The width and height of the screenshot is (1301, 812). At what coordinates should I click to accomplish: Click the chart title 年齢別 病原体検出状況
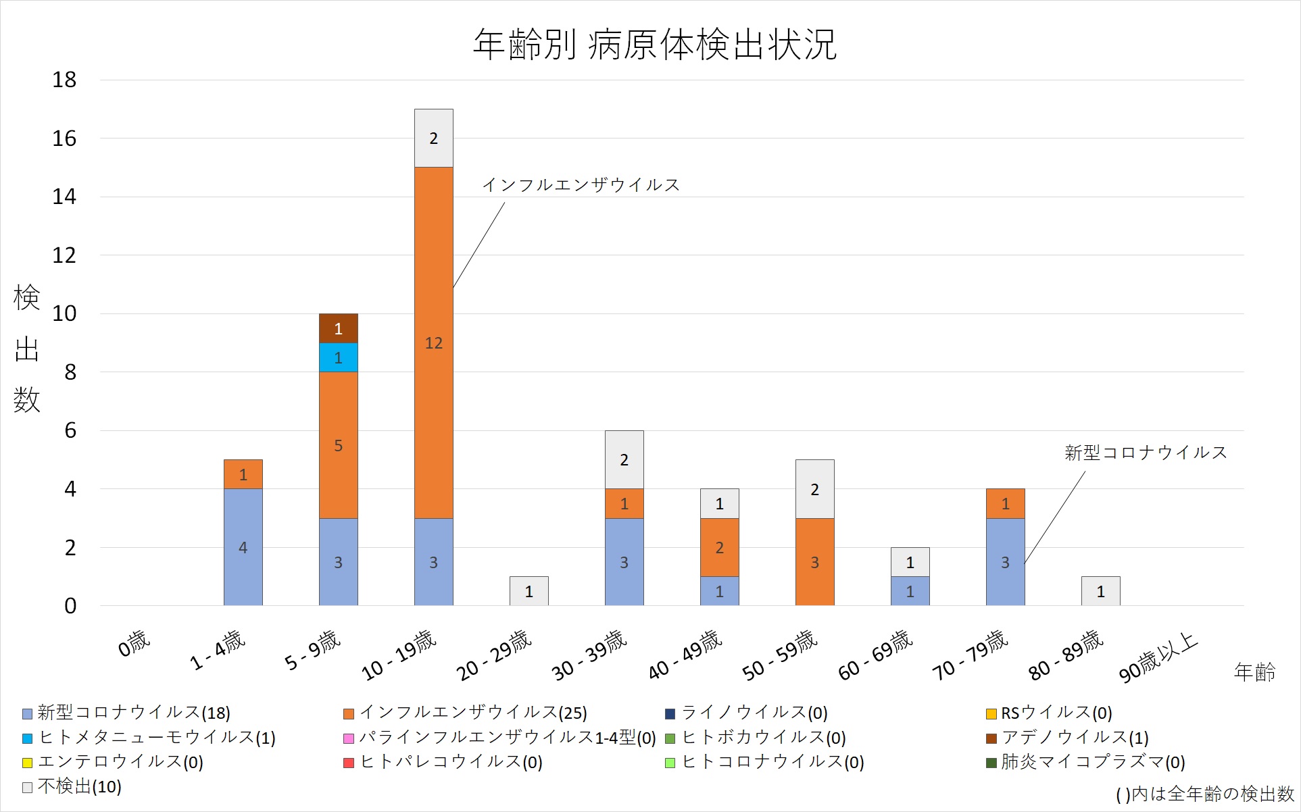654,45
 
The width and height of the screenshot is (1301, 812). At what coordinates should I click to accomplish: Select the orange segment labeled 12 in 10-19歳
433,342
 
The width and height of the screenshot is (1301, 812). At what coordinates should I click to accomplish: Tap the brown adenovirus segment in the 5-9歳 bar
338,328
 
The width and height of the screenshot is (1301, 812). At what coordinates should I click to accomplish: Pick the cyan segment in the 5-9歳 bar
338,357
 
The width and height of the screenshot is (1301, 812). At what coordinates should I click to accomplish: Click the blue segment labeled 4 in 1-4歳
243,547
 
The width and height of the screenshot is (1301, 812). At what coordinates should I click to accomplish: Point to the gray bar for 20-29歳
529,591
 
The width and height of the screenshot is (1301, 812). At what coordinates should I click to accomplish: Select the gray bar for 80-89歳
1100,591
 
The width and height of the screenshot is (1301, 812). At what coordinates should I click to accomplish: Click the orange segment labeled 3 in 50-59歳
814,561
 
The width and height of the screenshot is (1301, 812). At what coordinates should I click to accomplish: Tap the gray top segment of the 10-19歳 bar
433,138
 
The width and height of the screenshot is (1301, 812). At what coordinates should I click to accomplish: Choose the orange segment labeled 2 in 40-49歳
719,547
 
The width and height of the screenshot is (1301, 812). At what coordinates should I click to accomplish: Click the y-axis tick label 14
64,197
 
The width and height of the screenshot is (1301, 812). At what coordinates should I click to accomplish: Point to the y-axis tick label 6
70,430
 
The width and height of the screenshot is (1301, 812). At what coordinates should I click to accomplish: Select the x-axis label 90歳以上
1158,658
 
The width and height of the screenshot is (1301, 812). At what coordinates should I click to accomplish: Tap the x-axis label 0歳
134,643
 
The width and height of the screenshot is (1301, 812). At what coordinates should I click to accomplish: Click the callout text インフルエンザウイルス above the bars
581,185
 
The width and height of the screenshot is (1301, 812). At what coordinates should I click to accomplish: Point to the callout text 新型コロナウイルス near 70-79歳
1145,453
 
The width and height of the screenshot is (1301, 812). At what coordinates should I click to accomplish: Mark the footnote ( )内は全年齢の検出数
1204,794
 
